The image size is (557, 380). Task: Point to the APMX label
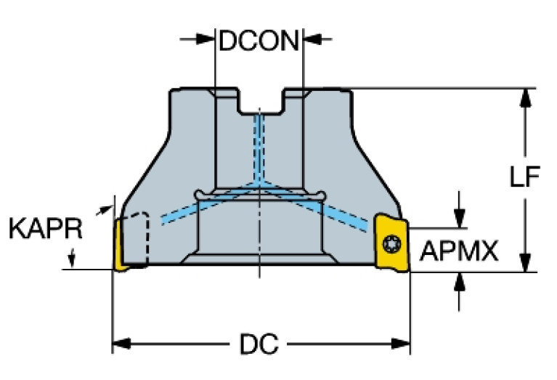click(459, 252)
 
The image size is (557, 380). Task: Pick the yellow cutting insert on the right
click(392, 243)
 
